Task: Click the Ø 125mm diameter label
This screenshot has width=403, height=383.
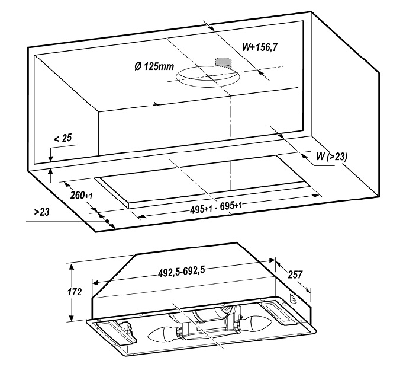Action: (x=154, y=66)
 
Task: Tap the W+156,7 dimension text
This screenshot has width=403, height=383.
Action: (x=260, y=47)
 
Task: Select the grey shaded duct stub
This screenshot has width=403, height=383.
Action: (x=223, y=62)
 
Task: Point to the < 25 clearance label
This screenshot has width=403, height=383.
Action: (x=63, y=138)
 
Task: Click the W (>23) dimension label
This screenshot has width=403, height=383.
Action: (x=331, y=157)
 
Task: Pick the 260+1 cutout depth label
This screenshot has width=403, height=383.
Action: (x=81, y=195)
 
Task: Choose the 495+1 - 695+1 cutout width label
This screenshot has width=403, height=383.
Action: (x=216, y=208)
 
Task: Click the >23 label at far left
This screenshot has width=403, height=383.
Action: (x=41, y=212)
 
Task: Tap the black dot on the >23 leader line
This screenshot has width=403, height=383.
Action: (x=107, y=221)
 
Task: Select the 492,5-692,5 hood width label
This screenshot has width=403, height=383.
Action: (x=182, y=272)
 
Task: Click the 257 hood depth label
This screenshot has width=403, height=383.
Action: (x=295, y=275)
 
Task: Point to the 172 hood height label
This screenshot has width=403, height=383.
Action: (x=75, y=292)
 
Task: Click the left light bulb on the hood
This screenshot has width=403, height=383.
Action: (x=163, y=334)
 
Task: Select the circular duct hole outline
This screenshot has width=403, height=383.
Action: (x=208, y=76)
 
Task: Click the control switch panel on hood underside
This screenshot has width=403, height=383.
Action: (x=280, y=312)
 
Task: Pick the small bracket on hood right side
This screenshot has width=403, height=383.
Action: (x=292, y=298)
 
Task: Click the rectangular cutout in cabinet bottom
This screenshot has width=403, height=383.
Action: (x=203, y=180)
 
